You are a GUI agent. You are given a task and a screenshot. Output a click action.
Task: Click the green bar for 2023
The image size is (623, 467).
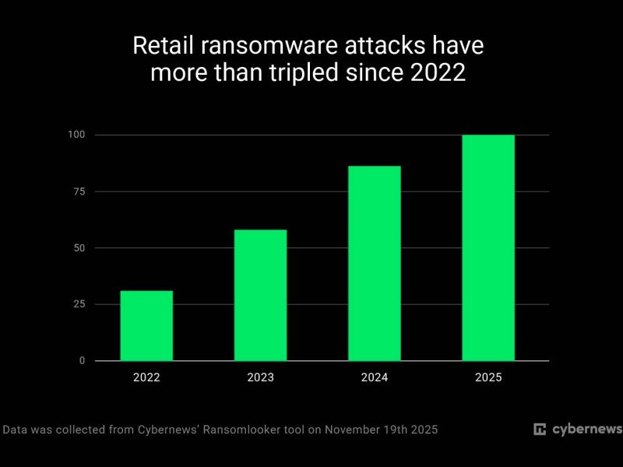[x=260, y=295]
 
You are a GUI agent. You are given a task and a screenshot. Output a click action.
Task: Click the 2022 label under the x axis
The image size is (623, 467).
[x=146, y=377]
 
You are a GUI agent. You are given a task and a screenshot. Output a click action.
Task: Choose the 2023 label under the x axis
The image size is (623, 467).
[x=260, y=377]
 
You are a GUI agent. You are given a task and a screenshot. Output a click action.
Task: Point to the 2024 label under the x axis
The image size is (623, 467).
[x=375, y=377]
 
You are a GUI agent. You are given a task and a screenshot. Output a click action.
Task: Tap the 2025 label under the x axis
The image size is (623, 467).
[x=488, y=377]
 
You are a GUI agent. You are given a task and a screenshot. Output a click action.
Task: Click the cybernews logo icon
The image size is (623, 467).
[x=539, y=430]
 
